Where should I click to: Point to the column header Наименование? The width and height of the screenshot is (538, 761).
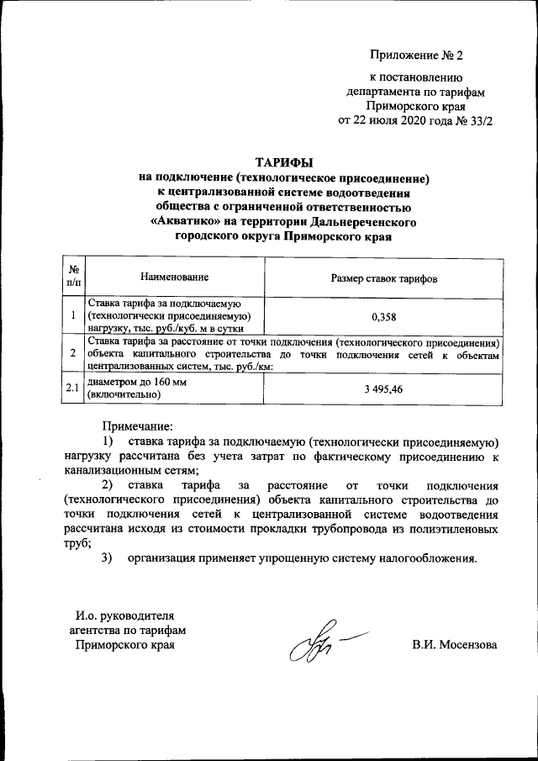click(x=175, y=277)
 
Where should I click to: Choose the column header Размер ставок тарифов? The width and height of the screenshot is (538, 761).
click(x=383, y=277)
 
